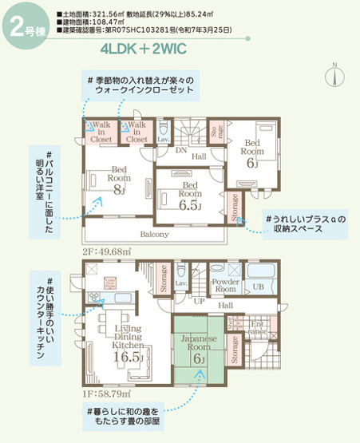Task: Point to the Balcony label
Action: click(x=154, y=235)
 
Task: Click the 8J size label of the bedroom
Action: click(x=120, y=189)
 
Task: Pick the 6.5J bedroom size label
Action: click(x=190, y=204)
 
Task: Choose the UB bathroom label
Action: click(x=259, y=286)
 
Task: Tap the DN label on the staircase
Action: click(x=181, y=150)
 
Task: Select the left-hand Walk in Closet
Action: click(x=101, y=132)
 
